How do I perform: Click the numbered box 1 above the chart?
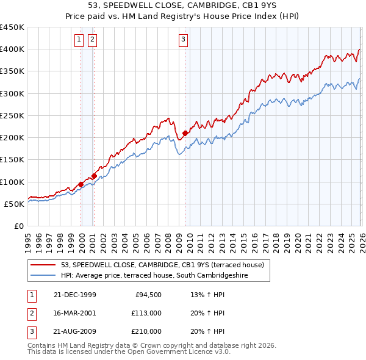pos(79,40)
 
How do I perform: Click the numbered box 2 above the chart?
pos(92,40)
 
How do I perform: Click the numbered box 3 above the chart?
pos(183,40)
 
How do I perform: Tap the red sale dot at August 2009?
pos(185,132)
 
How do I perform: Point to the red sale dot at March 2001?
pos(95,176)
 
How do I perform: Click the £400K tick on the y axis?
pos(12,49)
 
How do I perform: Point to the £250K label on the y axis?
pos(12,115)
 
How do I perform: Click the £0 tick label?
pos(18,226)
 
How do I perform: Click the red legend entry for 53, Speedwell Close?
pos(162,265)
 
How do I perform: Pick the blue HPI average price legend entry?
pos(164,275)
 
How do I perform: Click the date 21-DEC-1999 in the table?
pos(74,295)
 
